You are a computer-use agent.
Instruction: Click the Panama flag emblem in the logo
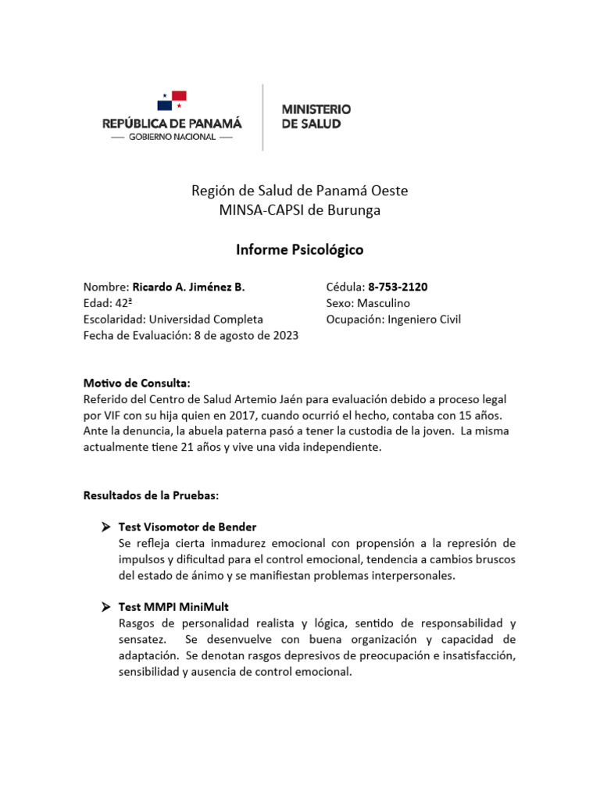pos(171,101)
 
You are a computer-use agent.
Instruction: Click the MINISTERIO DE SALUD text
pos(316,116)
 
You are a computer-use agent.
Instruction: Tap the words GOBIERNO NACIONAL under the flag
pos(172,137)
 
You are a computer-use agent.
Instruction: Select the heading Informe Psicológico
pos(300,250)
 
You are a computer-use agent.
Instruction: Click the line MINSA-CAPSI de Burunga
pos(300,210)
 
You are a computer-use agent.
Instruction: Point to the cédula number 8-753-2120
pos(398,287)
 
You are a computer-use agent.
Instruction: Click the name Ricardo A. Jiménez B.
pos(188,287)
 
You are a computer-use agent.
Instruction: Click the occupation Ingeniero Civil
pos(424,320)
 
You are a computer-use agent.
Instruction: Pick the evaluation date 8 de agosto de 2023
pos(245,335)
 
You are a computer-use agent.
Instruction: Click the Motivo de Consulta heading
pos(137,383)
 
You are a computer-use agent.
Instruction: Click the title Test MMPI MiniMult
pos(173,607)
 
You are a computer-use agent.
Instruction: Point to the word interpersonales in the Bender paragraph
pos(413,576)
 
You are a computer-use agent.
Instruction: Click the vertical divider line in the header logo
pos(262,116)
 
